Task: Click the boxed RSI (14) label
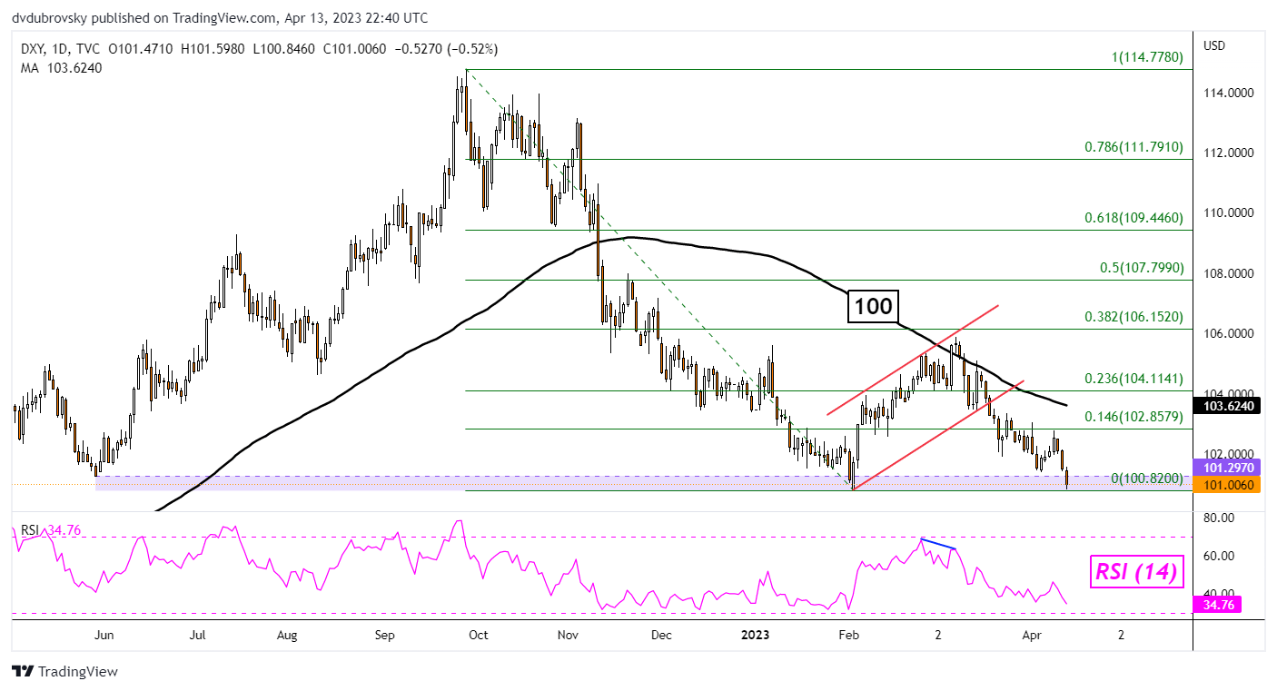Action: (x=1134, y=572)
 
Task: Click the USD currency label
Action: (x=1214, y=45)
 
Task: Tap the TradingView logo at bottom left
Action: (x=64, y=672)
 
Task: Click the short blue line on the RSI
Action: (x=938, y=543)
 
